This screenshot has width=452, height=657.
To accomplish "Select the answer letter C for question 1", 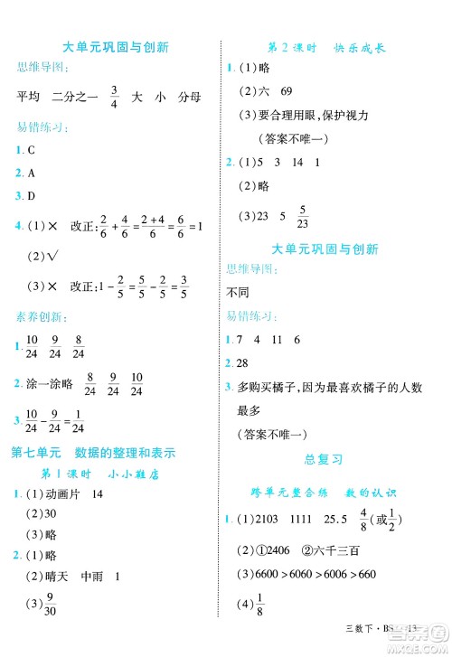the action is tap(31, 151).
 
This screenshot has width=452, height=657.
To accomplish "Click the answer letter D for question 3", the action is tap(31, 195).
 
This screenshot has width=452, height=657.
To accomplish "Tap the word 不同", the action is tap(237, 291).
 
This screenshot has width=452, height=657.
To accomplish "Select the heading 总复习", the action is tap(325, 458).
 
